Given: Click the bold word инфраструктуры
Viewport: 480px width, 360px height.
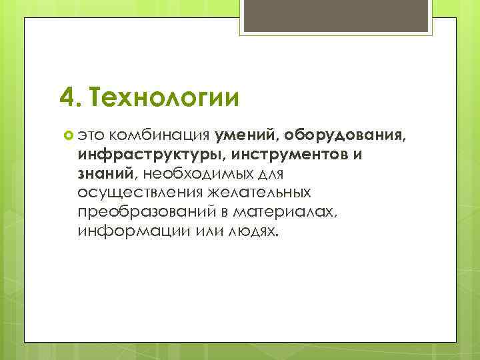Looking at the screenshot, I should pyautogui.click(x=151, y=155).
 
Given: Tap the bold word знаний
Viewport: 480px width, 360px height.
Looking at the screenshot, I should pyautogui.click(x=106, y=174).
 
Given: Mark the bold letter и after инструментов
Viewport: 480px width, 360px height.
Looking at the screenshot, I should pyautogui.click(x=358, y=155).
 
